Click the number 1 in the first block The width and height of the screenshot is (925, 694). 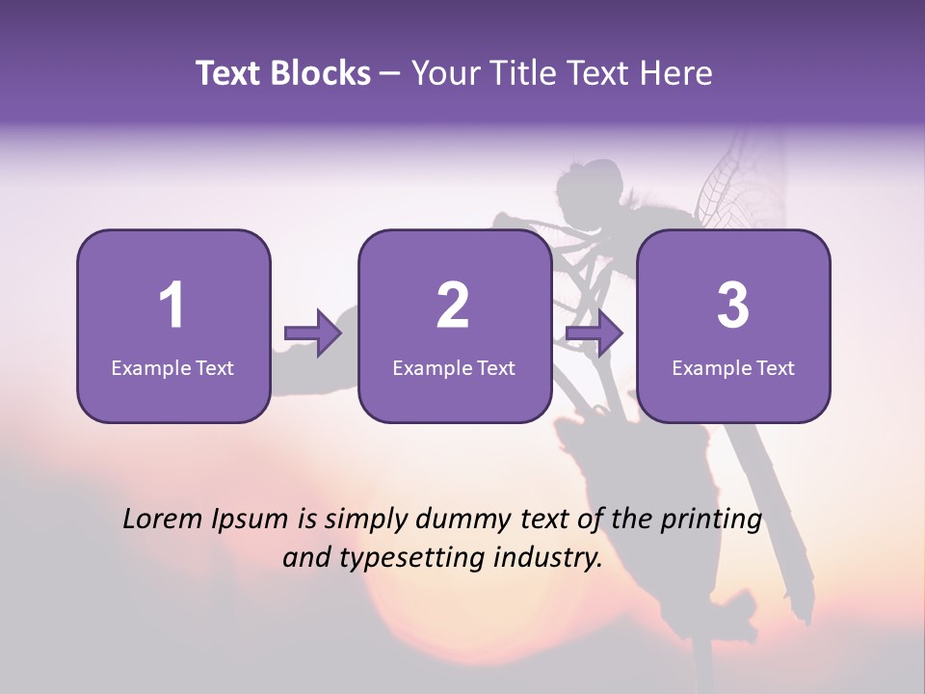tap(172, 306)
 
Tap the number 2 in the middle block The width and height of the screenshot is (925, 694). tap(453, 306)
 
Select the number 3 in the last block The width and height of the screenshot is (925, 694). tap(733, 306)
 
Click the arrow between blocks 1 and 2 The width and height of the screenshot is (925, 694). tap(313, 334)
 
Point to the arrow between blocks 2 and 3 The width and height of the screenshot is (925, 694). tap(595, 334)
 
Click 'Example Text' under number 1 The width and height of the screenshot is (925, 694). tap(172, 367)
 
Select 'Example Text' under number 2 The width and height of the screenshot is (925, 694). tap(454, 367)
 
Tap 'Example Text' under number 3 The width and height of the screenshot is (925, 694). tap(733, 367)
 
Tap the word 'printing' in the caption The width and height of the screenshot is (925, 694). tap(711, 520)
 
